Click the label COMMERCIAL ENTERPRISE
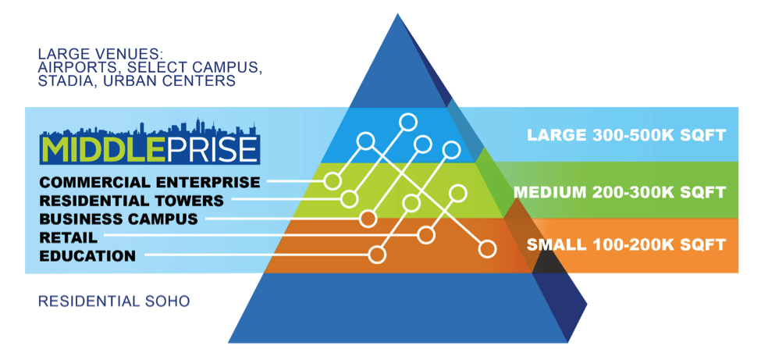149,182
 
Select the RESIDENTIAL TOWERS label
131,201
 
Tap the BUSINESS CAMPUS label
118,219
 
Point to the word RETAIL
68,237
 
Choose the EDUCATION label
87,255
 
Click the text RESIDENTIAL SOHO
113,301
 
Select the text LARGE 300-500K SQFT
627,135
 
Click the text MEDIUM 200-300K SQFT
620,191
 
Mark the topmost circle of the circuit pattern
407,121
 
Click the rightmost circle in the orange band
488,249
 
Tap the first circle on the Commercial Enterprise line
333,181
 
